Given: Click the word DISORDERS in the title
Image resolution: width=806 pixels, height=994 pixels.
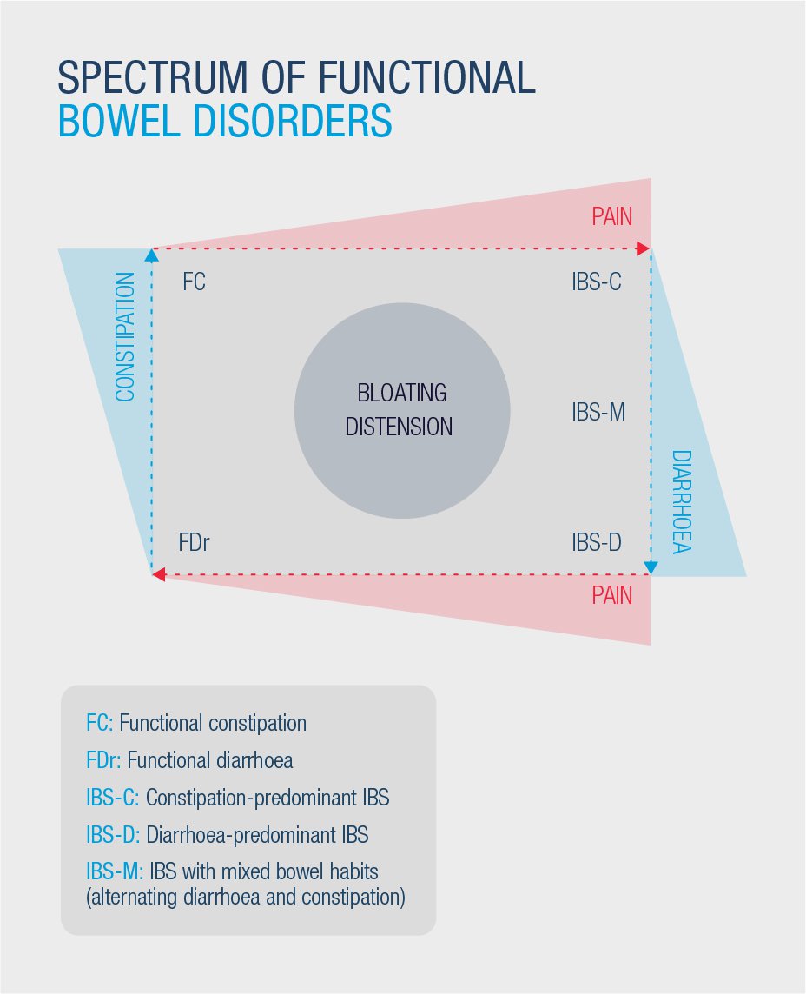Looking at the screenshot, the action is (x=292, y=121).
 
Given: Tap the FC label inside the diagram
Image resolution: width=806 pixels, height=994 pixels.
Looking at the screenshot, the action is (x=194, y=282).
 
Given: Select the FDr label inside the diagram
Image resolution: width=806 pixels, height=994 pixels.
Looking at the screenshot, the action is (x=194, y=543).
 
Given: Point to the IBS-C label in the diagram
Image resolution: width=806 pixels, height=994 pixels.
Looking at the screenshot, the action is (x=597, y=282).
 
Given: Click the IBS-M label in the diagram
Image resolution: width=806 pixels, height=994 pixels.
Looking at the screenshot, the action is (x=598, y=412).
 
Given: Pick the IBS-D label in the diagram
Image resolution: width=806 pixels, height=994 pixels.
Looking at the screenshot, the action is (x=597, y=543).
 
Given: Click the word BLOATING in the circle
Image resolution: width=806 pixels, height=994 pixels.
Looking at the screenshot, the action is (x=402, y=393).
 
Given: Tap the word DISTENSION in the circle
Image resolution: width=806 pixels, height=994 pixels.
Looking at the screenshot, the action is (x=399, y=427).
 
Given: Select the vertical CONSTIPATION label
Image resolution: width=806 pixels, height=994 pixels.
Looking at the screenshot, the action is (x=125, y=336).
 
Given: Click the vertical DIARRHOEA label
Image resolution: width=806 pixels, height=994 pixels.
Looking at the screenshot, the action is (x=682, y=502).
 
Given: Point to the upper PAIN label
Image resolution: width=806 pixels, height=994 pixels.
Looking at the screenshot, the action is (x=612, y=217).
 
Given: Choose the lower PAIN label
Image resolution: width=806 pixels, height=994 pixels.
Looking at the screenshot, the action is (x=612, y=596).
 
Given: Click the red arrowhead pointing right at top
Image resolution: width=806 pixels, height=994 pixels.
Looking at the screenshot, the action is (x=644, y=248).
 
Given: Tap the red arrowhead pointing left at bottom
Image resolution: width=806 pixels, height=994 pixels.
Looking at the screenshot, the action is (x=159, y=574).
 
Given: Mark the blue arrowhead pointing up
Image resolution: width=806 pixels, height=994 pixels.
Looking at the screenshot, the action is (x=151, y=255).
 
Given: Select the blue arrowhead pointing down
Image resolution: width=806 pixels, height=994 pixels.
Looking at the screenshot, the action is (x=651, y=567).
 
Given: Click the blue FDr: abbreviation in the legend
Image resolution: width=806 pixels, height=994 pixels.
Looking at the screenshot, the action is (x=103, y=760).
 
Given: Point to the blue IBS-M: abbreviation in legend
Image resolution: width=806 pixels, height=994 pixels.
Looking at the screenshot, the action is (x=115, y=871).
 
